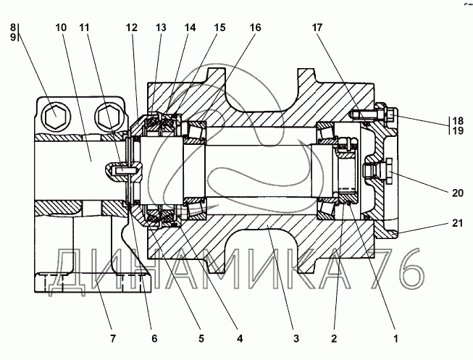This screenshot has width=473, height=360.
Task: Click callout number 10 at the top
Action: tap(61, 28)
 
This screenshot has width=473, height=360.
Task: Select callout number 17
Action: tap(317, 28)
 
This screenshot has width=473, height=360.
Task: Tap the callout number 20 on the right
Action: tap(457, 193)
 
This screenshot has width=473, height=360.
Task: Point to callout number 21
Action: tap(457, 223)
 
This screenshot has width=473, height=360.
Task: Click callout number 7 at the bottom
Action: tap(113, 338)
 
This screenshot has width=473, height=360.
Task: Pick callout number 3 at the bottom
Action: tap(296, 338)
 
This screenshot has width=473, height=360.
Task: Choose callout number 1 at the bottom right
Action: tap(395, 338)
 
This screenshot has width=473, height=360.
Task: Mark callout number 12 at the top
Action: tap(132, 28)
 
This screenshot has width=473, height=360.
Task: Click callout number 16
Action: tap(255, 28)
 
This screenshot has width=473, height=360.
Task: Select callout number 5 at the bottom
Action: tap(201, 338)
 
